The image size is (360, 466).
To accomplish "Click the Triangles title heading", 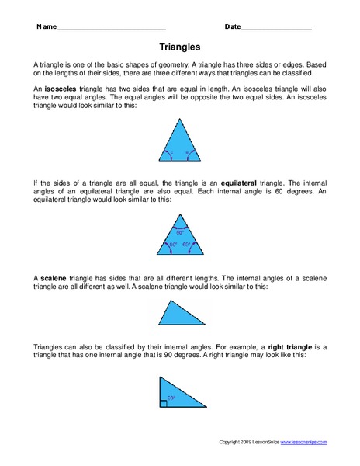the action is pyautogui.click(x=179, y=47).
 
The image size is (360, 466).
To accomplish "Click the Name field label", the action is pyautogui.click(x=46, y=26).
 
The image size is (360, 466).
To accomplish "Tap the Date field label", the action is pyautogui.click(x=233, y=26).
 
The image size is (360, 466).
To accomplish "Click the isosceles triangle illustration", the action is pyautogui.click(x=179, y=140).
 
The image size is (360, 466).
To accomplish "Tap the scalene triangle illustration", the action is pyautogui.click(x=180, y=315).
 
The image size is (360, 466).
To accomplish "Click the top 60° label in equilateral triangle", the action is pyautogui.click(x=179, y=232).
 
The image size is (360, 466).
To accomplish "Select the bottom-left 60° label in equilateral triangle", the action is pyautogui.click(x=172, y=245).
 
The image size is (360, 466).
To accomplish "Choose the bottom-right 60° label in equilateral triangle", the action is pyautogui.click(x=187, y=245).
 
